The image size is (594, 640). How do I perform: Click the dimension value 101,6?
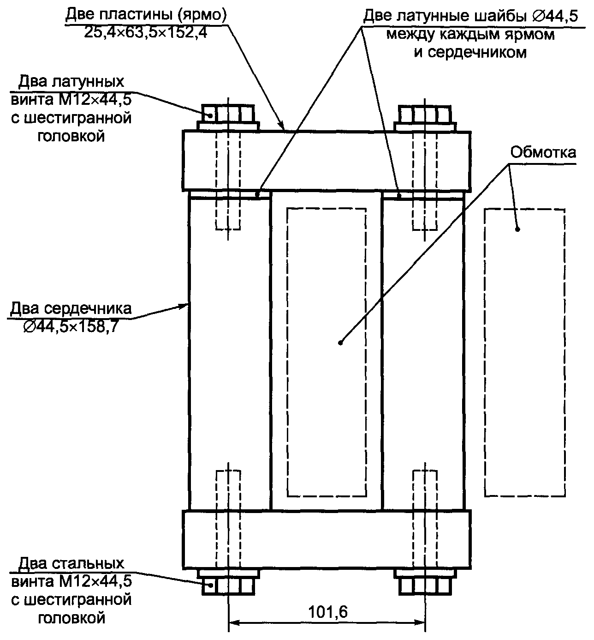pos(327,611)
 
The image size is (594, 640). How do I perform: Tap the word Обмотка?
pos(543,152)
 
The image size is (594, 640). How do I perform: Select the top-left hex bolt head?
pos(228,114)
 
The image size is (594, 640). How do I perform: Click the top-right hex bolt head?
pos(424,114)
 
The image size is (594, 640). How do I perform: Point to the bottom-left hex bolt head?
pos(228,586)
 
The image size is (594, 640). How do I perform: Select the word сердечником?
pos(470,52)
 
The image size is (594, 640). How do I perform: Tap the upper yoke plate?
pos(327,161)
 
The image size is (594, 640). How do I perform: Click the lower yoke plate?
pos(327,539)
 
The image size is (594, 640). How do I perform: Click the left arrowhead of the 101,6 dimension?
pos(233,622)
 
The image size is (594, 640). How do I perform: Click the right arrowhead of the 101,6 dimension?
pos(420,622)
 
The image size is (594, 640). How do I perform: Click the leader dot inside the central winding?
pos(340,343)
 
